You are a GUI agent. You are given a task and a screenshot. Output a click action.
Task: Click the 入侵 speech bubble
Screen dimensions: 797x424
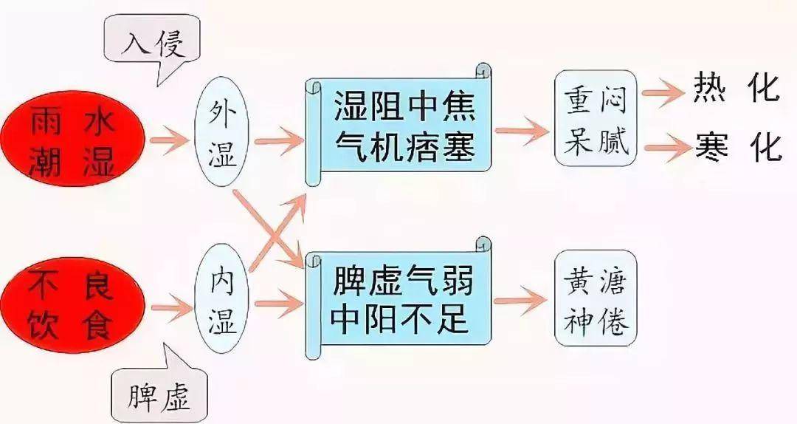pyautogui.click(x=151, y=41)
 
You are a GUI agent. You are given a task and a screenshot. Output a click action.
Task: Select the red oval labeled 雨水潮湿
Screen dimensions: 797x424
pyautogui.click(x=72, y=138)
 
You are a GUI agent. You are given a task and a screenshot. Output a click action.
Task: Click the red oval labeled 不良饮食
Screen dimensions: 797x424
pyautogui.click(x=72, y=305)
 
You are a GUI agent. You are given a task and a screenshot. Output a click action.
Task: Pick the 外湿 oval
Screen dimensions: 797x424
pyautogui.click(x=221, y=133)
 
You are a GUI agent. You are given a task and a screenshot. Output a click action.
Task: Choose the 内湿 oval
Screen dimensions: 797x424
pyautogui.click(x=221, y=298)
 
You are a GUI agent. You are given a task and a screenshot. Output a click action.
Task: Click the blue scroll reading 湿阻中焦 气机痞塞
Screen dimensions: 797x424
pyautogui.click(x=398, y=125)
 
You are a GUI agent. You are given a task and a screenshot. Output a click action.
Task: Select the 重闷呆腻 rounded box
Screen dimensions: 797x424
pyautogui.click(x=596, y=118)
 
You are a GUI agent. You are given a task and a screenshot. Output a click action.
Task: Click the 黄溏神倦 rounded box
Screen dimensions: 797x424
pyautogui.click(x=596, y=298)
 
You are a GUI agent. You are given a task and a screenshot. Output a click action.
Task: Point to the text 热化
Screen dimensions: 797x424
pyautogui.click(x=736, y=88)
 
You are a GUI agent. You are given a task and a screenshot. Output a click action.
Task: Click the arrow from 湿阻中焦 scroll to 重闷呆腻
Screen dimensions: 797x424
pyautogui.click(x=522, y=131)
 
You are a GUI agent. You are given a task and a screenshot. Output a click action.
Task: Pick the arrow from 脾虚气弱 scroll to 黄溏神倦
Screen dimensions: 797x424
pyautogui.click(x=520, y=301)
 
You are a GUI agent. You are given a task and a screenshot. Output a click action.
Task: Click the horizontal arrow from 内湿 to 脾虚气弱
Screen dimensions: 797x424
pyautogui.click(x=278, y=304)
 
